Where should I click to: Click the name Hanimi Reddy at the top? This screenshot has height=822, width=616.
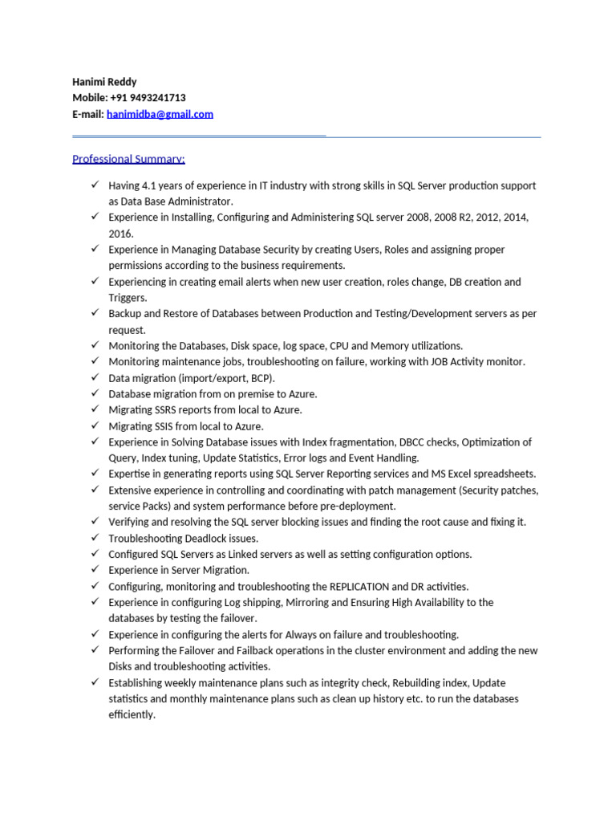(x=104, y=82)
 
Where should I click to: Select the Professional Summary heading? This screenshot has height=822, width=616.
(x=128, y=159)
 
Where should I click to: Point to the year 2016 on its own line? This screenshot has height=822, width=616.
(x=121, y=234)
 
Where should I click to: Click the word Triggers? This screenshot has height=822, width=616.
(x=128, y=298)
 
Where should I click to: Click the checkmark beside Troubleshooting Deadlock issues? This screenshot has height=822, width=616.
(x=95, y=538)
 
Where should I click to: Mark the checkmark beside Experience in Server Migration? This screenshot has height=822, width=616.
(x=95, y=570)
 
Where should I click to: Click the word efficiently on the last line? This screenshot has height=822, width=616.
(x=132, y=715)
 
